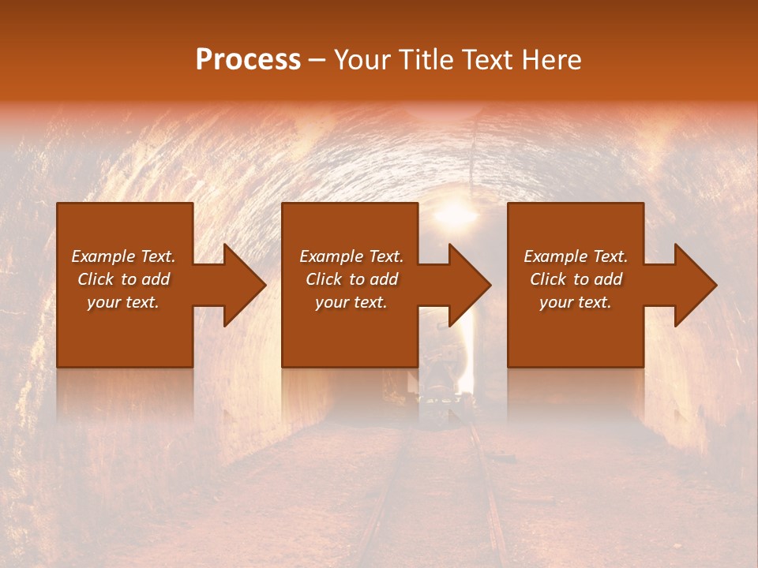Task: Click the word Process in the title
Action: pyautogui.click(x=248, y=60)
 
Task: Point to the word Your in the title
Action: pyautogui.click(x=362, y=60)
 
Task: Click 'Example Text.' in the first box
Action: pyautogui.click(x=123, y=256)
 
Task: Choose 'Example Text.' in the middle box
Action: pyautogui.click(x=351, y=256)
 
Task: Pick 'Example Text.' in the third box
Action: pyautogui.click(x=576, y=256)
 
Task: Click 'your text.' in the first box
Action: pyautogui.click(x=123, y=302)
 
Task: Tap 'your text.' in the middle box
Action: pyautogui.click(x=351, y=302)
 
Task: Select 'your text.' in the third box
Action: pyautogui.click(x=576, y=302)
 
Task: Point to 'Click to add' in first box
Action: pyautogui.click(x=123, y=279)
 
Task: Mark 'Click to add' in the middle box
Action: pyautogui.click(x=351, y=279)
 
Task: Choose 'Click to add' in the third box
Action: pyautogui.click(x=576, y=279)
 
